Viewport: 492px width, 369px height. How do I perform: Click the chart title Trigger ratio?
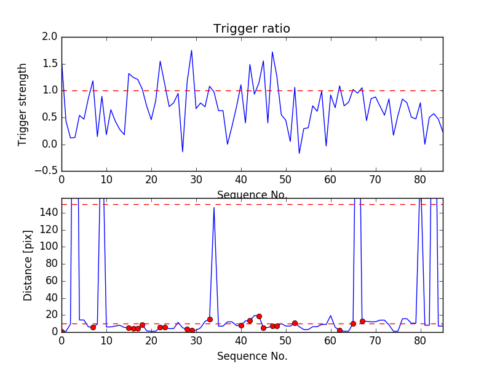point(252,29)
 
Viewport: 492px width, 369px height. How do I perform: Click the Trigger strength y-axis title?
point(23,104)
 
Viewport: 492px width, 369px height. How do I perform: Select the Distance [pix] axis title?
point(28,264)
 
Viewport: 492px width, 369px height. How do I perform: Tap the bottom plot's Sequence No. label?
point(252,356)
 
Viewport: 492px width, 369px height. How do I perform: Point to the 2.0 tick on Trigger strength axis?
point(50,37)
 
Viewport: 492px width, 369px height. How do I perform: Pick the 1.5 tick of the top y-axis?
point(50,64)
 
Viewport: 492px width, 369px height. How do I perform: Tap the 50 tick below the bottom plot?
point(286,341)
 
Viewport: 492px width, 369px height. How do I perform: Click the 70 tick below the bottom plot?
point(376,341)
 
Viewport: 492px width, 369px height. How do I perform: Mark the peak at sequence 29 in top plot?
point(191,50)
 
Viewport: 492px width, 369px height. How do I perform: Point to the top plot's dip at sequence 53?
point(300,153)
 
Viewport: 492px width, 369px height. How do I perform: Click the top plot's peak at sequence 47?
point(272,52)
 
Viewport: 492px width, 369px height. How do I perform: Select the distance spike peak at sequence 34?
point(214,207)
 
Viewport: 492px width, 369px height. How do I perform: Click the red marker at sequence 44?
point(259,316)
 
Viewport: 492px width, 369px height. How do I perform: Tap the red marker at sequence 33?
point(210,319)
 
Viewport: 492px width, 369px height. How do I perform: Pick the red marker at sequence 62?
point(339,330)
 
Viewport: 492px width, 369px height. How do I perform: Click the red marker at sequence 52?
point(295,323)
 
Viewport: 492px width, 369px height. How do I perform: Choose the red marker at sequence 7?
point(93,327)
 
